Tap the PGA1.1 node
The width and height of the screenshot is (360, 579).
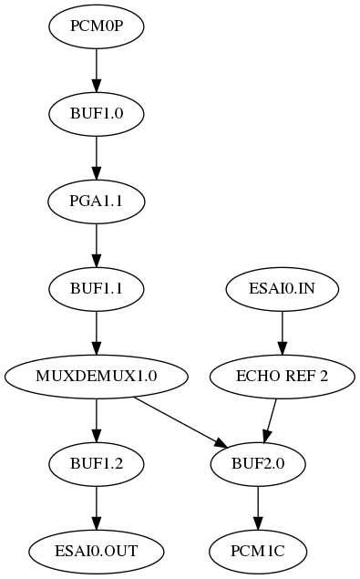(97, 200)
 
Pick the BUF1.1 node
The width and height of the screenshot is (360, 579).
(97, 287)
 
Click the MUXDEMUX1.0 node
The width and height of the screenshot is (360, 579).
(97, 375)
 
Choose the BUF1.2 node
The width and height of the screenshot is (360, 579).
(97, 462)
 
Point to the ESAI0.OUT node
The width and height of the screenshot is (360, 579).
(97, 550)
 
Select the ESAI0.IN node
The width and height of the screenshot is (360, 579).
(282, 287)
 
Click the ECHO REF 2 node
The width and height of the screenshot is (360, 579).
(282, 375)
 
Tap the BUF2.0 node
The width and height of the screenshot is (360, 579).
(258, 462)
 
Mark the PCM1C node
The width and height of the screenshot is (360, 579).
(258, 550)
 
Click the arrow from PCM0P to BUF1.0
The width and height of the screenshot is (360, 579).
(97, 68)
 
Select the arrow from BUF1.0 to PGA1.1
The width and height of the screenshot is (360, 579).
(97, 156)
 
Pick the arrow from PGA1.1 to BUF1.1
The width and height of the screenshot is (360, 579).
(97, 243)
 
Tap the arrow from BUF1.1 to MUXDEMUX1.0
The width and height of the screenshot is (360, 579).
(97, 331)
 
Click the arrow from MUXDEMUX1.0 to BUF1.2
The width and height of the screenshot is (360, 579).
(97, 419)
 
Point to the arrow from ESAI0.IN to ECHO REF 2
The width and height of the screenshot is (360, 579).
(282, 331)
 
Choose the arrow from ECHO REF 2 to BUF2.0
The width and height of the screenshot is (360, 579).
(270, 419)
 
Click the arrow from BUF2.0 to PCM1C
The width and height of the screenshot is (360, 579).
(258, 506)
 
